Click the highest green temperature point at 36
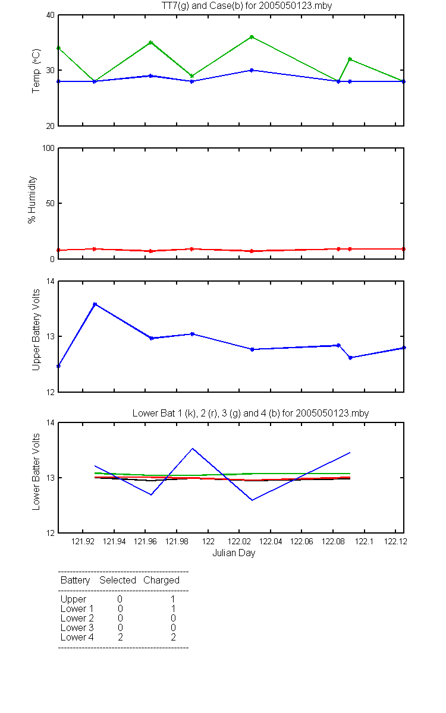coord(252,37)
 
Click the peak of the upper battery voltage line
coord(95,304)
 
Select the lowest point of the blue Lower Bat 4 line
coord(252,500)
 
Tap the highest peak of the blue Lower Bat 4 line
coord(193,449)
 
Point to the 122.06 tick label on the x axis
coord(301,541)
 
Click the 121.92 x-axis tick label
coord(83,541)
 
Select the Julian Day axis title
coord(234,553)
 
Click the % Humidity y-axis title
coord(32,200)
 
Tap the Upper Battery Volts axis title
coord(36,330)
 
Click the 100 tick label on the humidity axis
coord(48,149)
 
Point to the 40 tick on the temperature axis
coord(51,15)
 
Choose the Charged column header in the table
coord(162,581)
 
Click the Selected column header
coord(118,581)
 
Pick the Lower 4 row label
coord(77,637)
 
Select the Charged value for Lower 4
coord(173,637)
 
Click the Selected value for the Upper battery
coord(120,599)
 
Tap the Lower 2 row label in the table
coord(77,618)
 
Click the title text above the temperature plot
coord(247,6)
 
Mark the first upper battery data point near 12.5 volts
coord(59,366)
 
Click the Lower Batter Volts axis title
coord(36,472)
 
